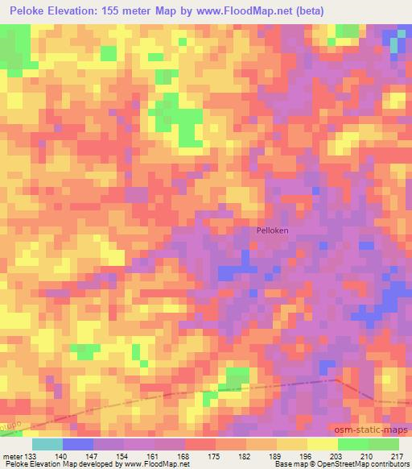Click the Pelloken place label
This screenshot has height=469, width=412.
[x=272, y=230]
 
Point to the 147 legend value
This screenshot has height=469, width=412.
[x=93, y=455]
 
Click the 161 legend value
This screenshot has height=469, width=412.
[x=154, y=455]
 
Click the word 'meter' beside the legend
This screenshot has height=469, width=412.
[x=11, y=455]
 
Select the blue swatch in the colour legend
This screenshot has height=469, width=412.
[x=78, y=444]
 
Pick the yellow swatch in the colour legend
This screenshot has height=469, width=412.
[x=323, y=444]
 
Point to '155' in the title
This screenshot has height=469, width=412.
[x=126, y=10]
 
